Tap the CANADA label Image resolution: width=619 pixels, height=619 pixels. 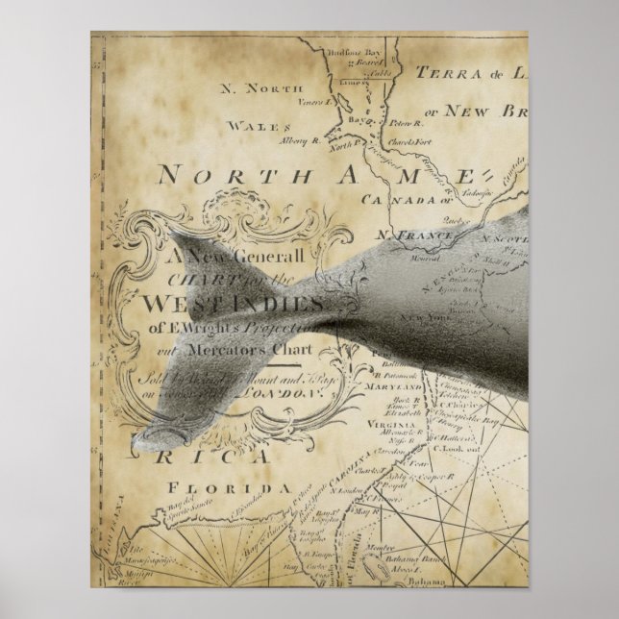tap(394, 200)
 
